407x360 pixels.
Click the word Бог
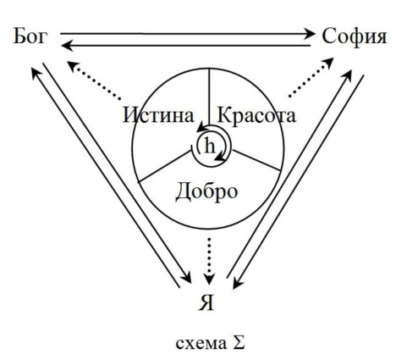30,36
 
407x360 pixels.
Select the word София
355,37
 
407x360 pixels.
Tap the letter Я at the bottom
206,303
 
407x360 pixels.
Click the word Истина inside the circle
158,115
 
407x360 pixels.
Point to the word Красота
256,115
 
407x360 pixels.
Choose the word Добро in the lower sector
206,191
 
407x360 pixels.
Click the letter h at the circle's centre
209,147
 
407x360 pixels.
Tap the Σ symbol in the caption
239,343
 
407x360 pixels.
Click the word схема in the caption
201,344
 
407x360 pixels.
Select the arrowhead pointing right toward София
310,34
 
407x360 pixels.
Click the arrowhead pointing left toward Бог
66,45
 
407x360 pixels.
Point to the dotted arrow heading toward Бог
94,80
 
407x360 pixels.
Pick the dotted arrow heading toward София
311,77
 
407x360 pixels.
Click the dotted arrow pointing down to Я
209,261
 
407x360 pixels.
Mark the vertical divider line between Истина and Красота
209,97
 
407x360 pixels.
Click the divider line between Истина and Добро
164,166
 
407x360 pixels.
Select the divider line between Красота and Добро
256,160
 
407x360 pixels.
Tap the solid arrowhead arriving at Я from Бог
186,278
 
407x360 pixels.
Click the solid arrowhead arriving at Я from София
237,284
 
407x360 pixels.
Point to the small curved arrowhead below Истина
201,128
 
